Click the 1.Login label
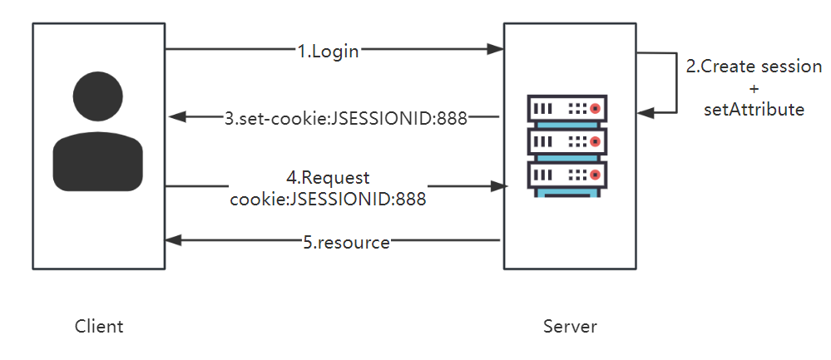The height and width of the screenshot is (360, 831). (328, 51)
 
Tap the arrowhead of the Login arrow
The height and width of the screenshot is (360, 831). (497, 50)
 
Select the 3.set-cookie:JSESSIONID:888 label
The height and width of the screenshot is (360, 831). (346, 117)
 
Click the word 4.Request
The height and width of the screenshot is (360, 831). (328, 178)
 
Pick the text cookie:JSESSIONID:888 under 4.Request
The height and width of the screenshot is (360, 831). (328, 199)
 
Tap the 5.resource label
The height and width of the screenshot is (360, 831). (345, 242)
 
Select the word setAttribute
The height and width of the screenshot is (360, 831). (754, 109)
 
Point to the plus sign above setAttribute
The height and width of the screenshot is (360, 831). (754, 88)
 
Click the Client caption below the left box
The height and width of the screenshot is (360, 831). (99, 326)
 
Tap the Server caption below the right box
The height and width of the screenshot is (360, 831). (570, 326)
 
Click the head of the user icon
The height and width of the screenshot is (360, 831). (99, 96)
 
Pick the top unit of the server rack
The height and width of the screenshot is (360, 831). (568, 109)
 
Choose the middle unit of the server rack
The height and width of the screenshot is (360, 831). (568, 142)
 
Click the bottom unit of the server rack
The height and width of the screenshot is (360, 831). (568, 175)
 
